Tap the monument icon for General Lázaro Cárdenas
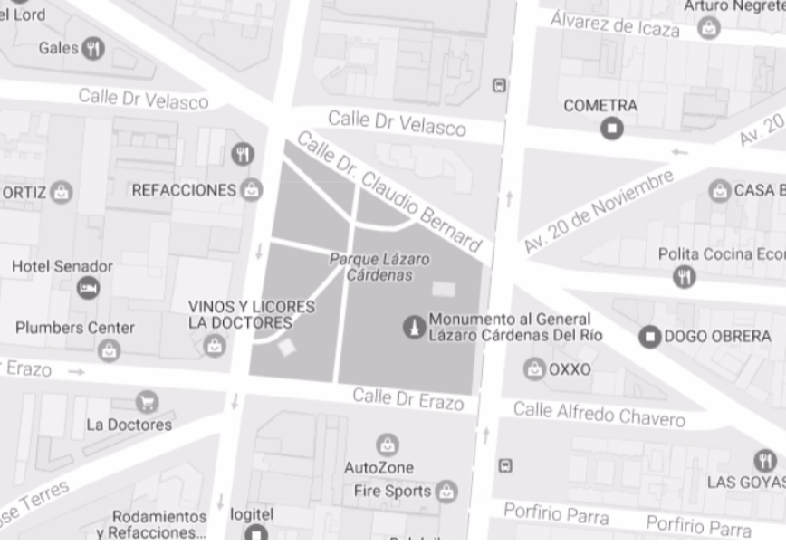tap(414, 327)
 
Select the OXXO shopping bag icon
tap(535, 369)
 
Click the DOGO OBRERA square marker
tap(649, 337)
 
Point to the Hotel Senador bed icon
tap(88, 288)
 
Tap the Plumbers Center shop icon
tap(110, 349)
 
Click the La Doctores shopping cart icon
tap(147, 401)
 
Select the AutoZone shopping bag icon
tap(387, 445)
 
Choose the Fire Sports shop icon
tap(446, 492)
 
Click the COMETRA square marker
tap(612, 128)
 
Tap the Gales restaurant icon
tap(93, 48)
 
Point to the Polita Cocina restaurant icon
tap(685, 276)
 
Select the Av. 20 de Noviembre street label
tap(598, 211)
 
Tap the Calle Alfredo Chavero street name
tap(599, 415)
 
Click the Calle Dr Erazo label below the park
tap(407, 398)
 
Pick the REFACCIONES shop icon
tap(251, 190)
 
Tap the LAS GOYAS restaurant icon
tap(764, 460)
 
